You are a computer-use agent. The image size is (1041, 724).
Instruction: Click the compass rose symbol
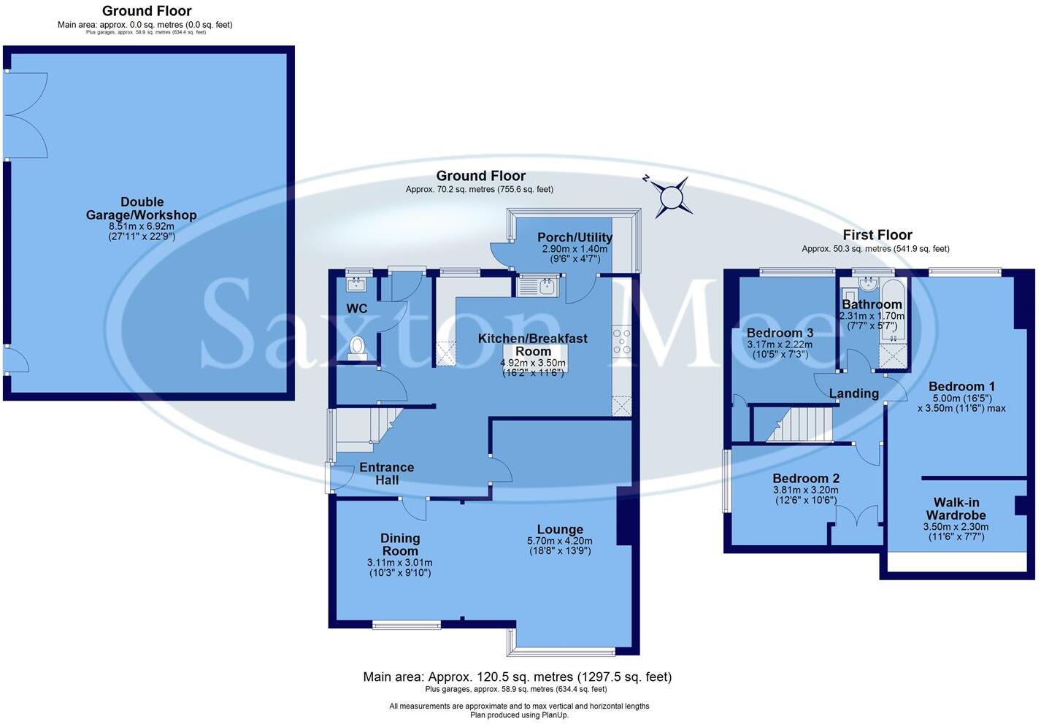pyautogui.click(x=671, y=196)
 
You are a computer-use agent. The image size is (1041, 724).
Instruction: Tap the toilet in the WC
pyautogui.click(x=358, y=347)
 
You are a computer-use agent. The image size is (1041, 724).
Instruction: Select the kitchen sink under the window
pyautogui.click(x=538, y=286)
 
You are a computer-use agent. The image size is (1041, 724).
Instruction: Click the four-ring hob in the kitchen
pyautogui.click(x=622, y=342)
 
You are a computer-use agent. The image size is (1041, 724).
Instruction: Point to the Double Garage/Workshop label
pyautogui.click(x=142, y=209)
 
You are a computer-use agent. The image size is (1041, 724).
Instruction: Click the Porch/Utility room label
pyautogui.click(x=575, y=237)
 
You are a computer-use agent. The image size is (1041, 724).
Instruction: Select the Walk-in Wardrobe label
pyautogui.click(x=956, y=509)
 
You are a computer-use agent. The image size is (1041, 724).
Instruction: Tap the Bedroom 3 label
pyautogui.click(x=780, y=333)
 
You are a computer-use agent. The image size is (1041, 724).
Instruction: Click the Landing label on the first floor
pyautogui.click(x=853, y=393)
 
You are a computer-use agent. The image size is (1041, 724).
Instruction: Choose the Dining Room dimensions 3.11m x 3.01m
pyautogui.click(x=399, y=563)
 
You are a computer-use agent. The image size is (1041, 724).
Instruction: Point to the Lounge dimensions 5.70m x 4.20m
pyautogui.click(x=559, y=541)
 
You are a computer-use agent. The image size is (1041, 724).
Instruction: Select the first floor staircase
pyautogui.click(x=799, y=424)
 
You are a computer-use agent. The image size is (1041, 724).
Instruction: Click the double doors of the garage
pyautogui.click(x=26, y=115)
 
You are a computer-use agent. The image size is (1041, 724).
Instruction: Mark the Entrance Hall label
pyautogui.click(x=386, y=474)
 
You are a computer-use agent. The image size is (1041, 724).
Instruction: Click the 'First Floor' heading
pyautogui.click(x=877, y=235)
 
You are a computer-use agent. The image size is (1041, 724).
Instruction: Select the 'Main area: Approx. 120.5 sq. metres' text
pyautogui.click(x=517, y=677)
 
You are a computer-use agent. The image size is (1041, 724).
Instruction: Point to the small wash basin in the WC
pyautogui.click(x=357, y=282)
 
